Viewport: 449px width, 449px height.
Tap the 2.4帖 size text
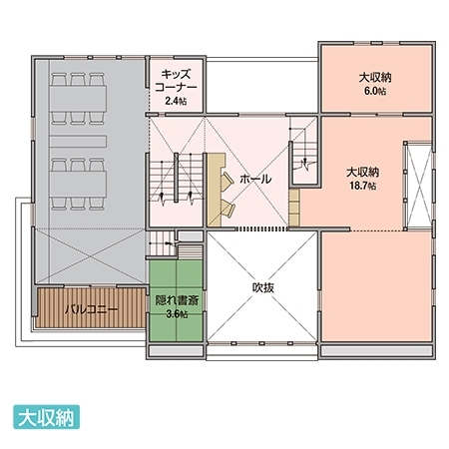click(176, 100)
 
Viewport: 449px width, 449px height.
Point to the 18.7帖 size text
click(363, 186)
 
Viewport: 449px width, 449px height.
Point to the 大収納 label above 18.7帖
click(363, 172)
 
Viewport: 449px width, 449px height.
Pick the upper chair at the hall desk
click(228, 181)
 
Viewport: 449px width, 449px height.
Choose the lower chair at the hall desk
click(228, 208)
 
